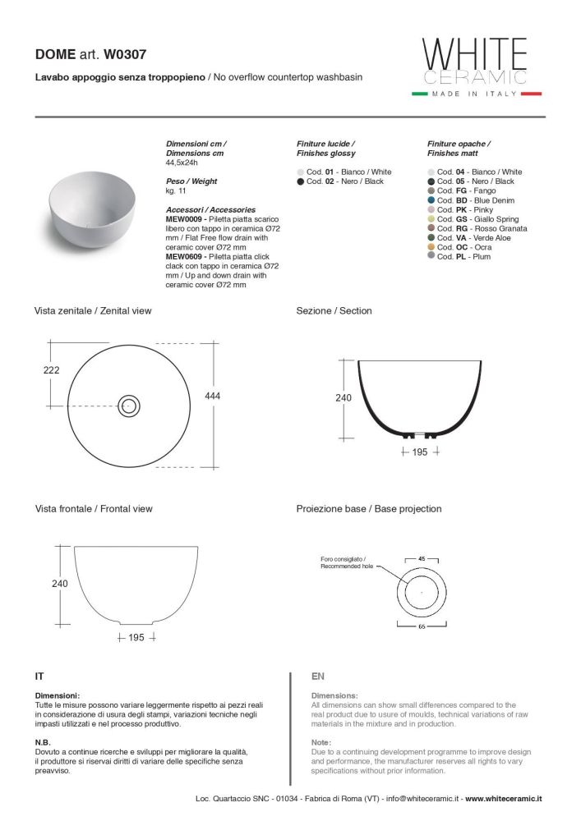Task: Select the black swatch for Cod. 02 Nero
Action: [301, 181]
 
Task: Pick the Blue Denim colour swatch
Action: [431, 200]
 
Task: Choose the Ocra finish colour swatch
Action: [431, 247]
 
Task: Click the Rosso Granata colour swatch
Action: [431, 228]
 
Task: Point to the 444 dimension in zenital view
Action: [213, 396]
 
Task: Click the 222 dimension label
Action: [51, 370]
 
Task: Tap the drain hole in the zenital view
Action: [129, 404]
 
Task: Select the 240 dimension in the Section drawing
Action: [344, 398]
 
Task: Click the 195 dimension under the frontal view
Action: [136, 637]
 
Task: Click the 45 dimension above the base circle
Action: [422, 558]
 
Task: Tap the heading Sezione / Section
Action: [334, 311]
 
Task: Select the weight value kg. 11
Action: [177, 190]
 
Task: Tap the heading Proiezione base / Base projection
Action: [368, 509]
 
